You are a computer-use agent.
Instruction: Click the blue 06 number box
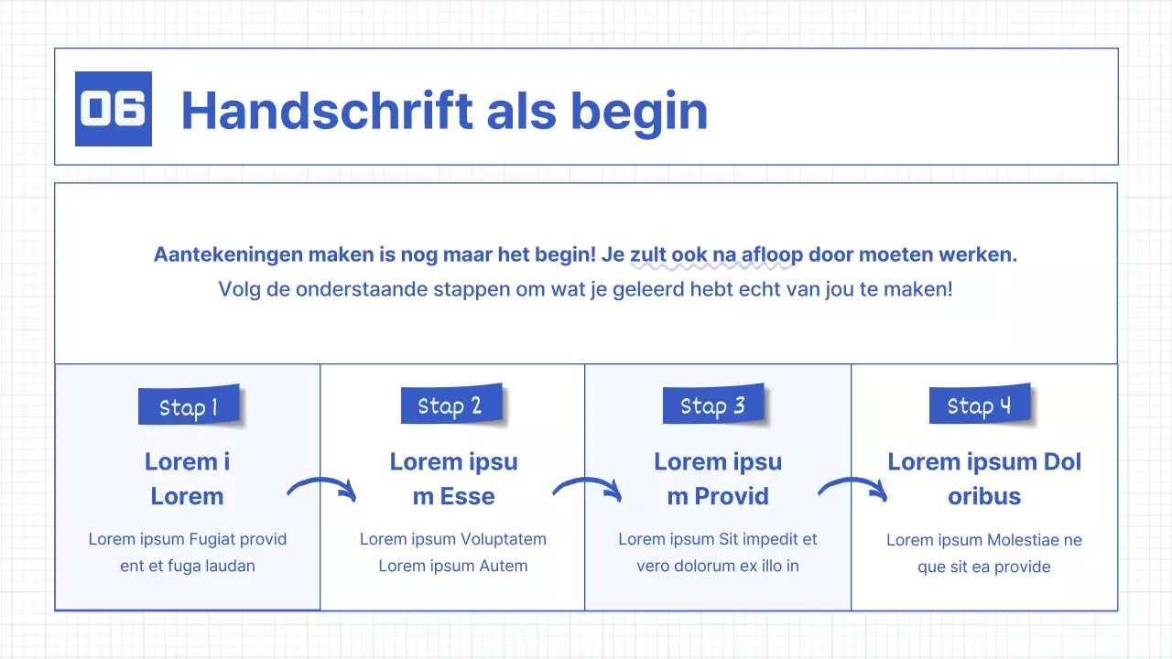113,109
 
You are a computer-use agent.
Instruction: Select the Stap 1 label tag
189,406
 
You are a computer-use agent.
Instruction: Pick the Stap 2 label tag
450,405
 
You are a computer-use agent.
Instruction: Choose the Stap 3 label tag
713,405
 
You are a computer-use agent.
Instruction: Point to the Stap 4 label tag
980,405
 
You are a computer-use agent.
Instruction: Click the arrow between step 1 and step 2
321,489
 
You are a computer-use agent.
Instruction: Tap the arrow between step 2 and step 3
587,489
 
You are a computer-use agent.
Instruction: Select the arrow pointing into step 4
852,489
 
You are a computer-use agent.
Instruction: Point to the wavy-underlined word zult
648,254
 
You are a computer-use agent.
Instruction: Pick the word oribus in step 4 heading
984,496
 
